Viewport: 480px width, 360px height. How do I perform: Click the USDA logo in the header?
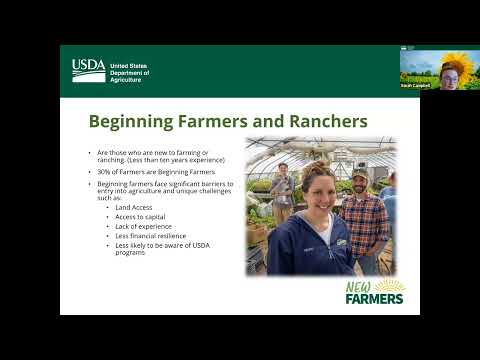pyautogui.click(x=88, y=69)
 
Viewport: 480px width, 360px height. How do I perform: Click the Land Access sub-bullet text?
pyautogui.click(x=135, y=207)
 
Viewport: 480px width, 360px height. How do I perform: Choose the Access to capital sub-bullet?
pyautogui.click(x=141, y=216)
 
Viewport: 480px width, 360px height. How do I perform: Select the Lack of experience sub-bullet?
pyautogui.click(x=142, y=226)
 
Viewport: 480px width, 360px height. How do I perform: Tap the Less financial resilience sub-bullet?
pyautogui.click(x=150, y=236)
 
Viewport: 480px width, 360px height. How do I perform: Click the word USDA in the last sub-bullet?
pyautogui.click(x=195, y=245)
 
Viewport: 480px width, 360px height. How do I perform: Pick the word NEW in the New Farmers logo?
pyautogui.click(x=359, y=288)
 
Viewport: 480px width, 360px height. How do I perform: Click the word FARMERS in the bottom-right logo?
pyautogui.click(x=374, y=299)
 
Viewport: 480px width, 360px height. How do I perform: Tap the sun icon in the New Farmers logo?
pyautogui.click(x=390, y=286)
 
